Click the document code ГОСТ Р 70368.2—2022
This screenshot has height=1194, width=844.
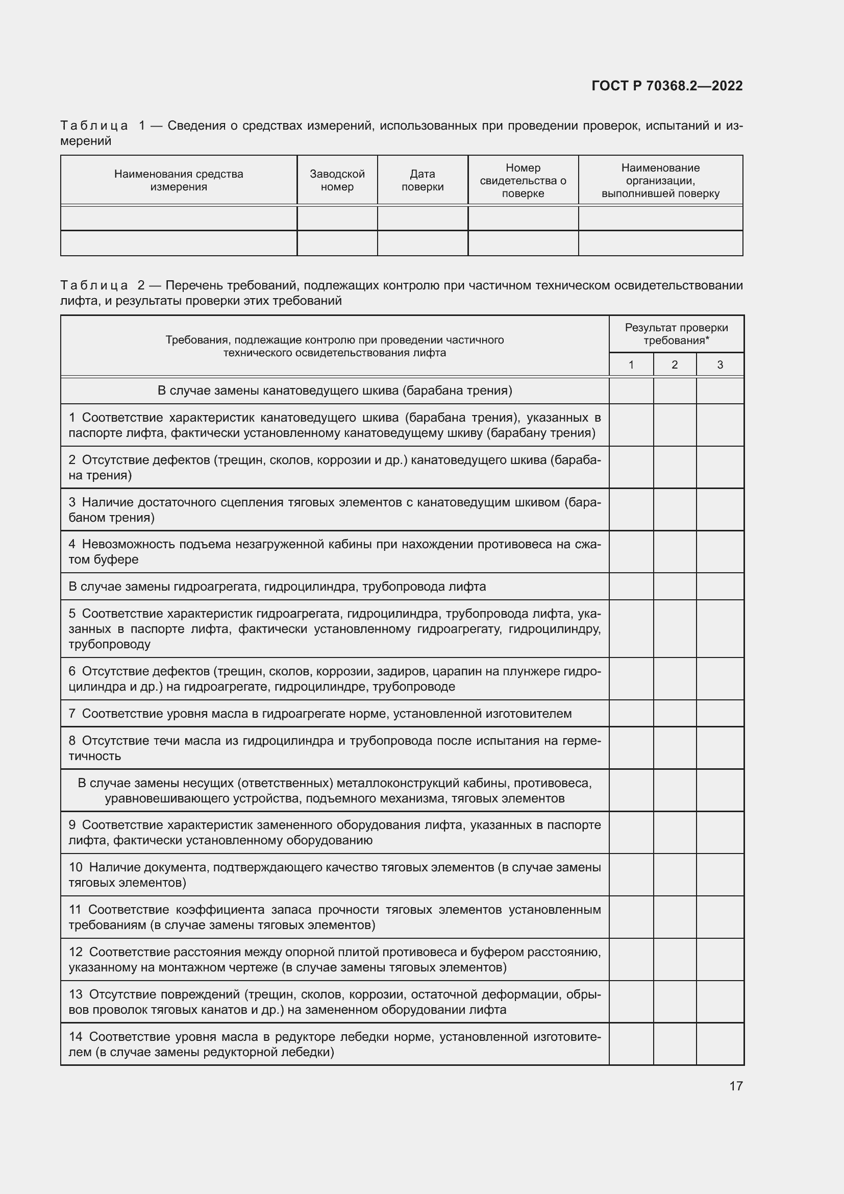pos(667,86)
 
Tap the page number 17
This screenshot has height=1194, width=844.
pos(736,1086)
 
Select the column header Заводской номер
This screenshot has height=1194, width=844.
pos(337,180)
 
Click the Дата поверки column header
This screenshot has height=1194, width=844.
pos(422,180)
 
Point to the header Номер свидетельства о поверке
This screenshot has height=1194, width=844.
pos(523,180)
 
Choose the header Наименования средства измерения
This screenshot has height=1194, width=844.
pos(178,180)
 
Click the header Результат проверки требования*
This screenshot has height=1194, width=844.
pos(676,334)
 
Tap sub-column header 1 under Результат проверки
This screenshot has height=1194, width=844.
pos(631,364)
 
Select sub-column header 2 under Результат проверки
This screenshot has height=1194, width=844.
pos(675,364)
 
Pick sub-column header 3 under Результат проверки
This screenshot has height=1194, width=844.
pos(720,364)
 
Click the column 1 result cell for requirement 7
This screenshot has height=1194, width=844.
pos(631,714)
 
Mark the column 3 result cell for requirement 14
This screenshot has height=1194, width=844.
pos(720,1044)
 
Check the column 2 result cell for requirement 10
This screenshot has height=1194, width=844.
pos(675,875)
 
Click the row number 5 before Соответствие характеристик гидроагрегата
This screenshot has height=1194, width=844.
pos(72,614)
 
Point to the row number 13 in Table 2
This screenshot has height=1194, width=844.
pos(76,994)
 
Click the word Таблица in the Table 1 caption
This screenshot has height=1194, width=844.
pos(94,126)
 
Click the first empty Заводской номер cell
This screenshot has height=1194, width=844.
pos(337,218)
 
